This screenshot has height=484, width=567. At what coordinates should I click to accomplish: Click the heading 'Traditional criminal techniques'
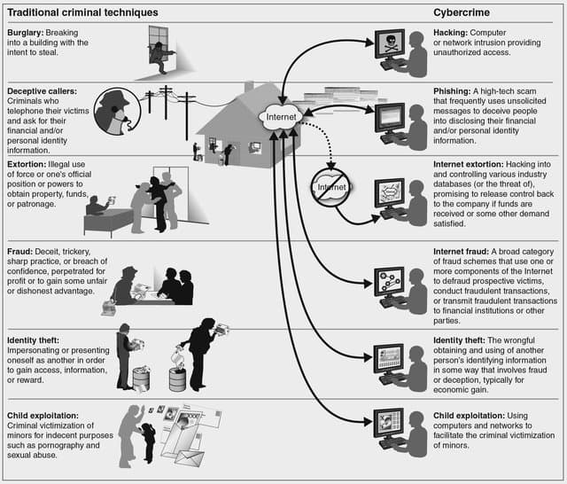pos(82,12)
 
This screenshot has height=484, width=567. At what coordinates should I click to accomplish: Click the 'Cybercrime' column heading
pos(466,12)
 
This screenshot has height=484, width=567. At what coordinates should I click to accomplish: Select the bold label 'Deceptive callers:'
pos(43,90)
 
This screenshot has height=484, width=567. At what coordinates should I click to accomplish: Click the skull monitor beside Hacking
pos(389,46)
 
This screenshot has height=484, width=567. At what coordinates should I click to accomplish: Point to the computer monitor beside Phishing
pos(390,117)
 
